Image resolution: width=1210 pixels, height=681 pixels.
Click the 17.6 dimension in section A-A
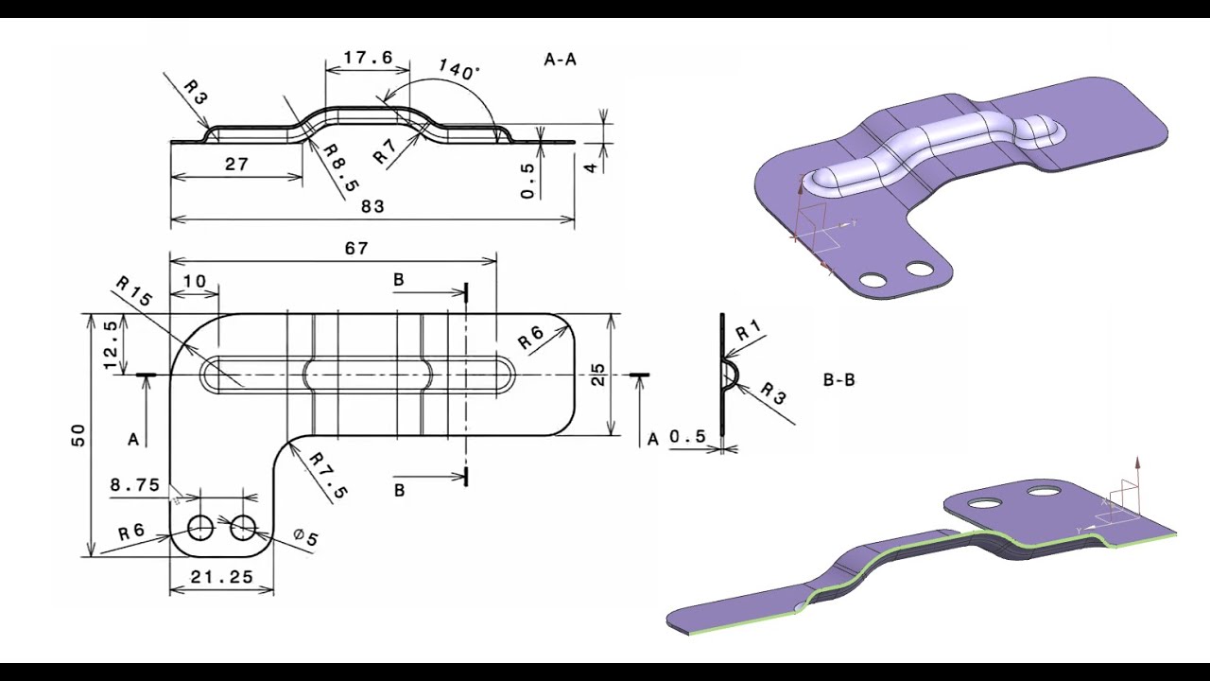tap(368, 58)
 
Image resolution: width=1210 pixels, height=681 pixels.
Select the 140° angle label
tap(458, 69)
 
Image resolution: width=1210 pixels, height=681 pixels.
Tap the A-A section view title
tap(560, 59)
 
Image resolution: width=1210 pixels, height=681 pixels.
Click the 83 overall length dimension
tap(372, 206)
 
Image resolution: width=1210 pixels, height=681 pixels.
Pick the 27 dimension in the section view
tap(236, 164)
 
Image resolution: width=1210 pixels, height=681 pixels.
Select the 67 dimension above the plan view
tap(356, 249)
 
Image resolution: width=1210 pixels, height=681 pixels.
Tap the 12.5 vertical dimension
tap(111, 345)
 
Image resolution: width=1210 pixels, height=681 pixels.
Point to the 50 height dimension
tap(78, 434)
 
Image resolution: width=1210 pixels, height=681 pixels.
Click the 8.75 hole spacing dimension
tap(134, 485)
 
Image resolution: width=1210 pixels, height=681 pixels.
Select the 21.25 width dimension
tap(220, 576)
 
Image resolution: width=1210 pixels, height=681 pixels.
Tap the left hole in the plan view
tap(200, 528)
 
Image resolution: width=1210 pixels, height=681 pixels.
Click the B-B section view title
tap(838, 380)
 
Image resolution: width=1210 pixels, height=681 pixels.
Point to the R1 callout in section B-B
tap(749, 330)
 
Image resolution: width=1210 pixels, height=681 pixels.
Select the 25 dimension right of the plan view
tap(598, 375)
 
